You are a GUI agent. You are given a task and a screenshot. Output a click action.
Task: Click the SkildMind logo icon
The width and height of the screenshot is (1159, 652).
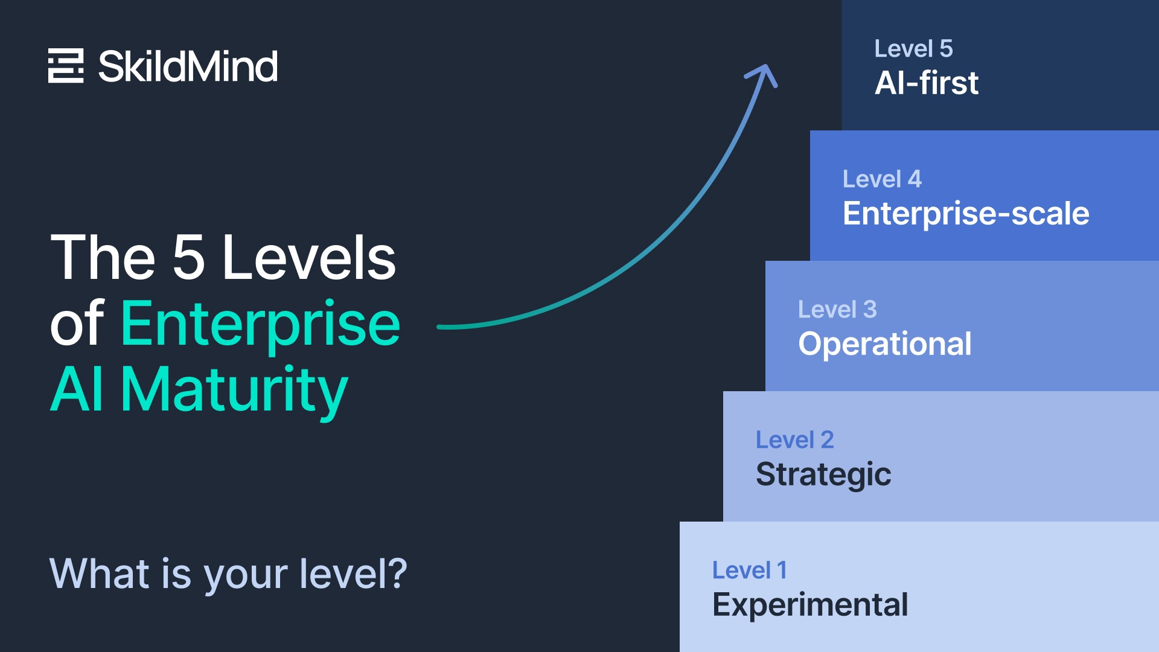[x=66, y=65]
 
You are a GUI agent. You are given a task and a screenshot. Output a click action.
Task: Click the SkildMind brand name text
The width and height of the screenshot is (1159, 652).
[x=188, y=66]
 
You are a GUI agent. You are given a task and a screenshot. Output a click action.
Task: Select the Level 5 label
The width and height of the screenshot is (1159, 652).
[x=913, y=49]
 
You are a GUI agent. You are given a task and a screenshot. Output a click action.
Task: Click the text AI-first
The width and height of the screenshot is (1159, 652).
[x=926, y=83]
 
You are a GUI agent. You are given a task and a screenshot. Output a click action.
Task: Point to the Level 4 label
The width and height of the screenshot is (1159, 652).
[x=882, y=179]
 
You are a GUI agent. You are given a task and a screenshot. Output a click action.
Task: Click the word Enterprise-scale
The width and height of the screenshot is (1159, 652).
[x=966, y=213]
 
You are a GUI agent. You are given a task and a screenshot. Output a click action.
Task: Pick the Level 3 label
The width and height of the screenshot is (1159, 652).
[x=837, y=310]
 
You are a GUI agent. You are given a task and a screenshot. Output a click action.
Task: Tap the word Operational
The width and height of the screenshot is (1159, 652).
[x=884, y=344]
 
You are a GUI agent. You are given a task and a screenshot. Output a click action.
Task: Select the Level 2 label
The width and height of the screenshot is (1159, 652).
[x=794, y=440]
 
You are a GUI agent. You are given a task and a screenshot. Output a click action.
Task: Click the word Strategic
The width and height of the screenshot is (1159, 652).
[x=823, y=475]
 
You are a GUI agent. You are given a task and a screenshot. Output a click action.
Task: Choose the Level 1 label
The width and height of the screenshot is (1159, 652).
[x=749, y=570]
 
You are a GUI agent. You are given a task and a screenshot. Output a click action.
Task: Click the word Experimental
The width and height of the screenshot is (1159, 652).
[x=809, y=605]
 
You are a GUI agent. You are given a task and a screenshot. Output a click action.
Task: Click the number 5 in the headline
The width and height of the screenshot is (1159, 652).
[x=188, y=258]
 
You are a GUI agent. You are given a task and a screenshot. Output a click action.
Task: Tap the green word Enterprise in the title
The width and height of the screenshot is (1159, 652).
[x=260, y=324]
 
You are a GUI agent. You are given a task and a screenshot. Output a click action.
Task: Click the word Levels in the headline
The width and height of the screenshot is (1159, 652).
[x=308, y=258]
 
